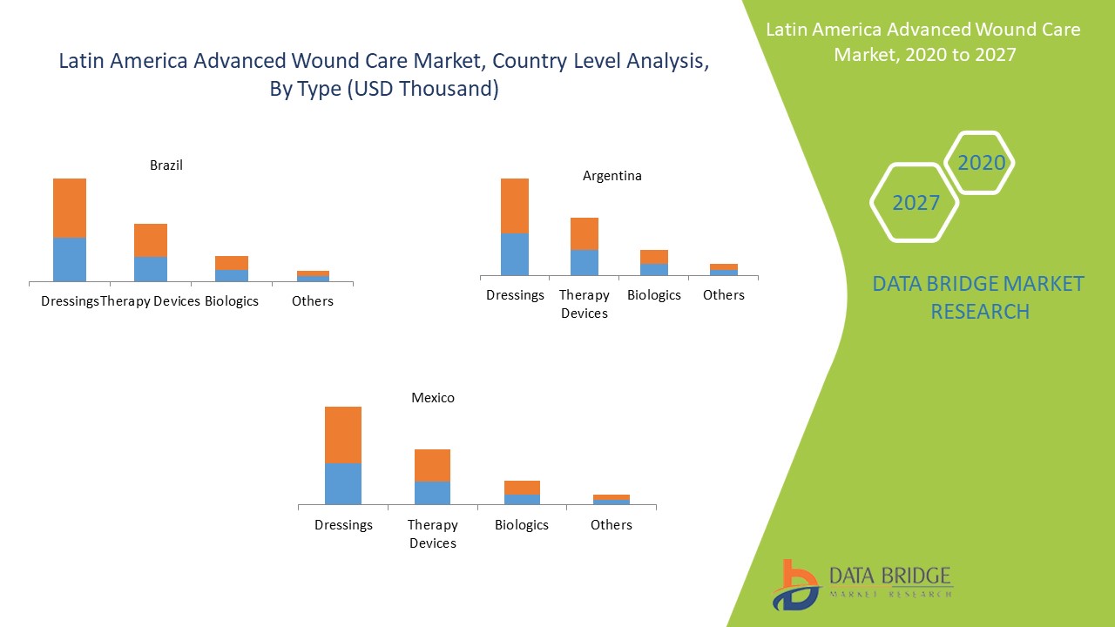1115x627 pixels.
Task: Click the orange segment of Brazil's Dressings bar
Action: coord(70,207)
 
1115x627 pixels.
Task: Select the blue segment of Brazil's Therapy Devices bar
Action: coord(151,268)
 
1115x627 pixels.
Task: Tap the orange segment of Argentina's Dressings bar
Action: coord(515,206)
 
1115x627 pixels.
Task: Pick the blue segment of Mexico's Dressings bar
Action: coord(343,483)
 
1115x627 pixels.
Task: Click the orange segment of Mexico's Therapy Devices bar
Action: coord(432,465)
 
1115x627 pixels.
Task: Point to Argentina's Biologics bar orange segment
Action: coord(654,257)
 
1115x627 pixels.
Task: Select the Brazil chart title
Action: coord(166,165)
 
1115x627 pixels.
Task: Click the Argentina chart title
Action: coord(612,176)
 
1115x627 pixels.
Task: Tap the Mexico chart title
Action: coord(433,398)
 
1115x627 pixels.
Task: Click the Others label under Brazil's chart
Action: coord(313,301)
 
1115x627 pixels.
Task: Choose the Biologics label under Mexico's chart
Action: coord(522,525)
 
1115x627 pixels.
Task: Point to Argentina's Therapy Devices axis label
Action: coord(585,304)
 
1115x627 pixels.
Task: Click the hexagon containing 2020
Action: coord(981,163)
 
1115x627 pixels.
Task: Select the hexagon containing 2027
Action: coord(916,203)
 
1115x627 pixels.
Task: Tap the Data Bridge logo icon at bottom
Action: coord(795,584)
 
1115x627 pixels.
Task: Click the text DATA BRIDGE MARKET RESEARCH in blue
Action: coord(979,297)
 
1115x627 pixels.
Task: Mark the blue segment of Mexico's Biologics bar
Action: coord(522,499)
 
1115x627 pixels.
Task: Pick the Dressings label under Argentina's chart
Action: coord(515,295)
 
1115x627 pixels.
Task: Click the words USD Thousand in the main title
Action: coord(422,89)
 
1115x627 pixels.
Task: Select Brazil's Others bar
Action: coord(313,276)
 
